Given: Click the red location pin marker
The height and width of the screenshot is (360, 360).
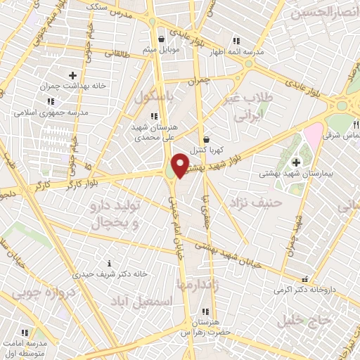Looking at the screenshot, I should [x=181, y=165].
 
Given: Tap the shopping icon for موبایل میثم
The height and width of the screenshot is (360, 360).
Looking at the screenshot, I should [x=162, y=39].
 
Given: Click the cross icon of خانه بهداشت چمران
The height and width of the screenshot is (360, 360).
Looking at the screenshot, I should [x=72, y=75].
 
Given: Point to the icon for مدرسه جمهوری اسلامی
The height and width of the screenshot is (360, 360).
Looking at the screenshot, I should [x=50, y=101].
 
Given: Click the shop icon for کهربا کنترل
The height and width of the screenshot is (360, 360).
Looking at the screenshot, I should [x=205, y=139].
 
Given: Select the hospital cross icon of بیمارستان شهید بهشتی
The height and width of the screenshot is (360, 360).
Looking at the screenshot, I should [x=296, y=162].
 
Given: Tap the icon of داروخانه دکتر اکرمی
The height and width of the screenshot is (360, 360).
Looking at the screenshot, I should [x=304, y=278].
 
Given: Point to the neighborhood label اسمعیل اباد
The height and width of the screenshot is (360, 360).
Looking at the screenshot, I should [x=141, y=301].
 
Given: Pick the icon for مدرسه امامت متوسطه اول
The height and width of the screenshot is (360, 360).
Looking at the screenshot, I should [x=25, y=333].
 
